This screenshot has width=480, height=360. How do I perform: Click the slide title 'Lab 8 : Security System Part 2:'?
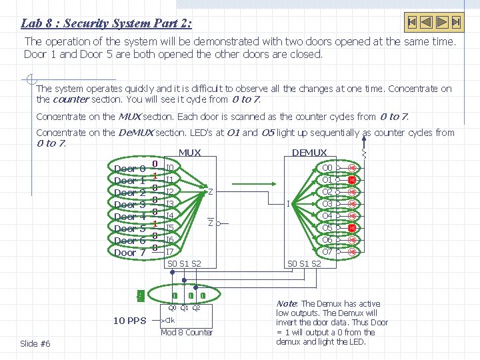pyautogui.click(x=107, y=23)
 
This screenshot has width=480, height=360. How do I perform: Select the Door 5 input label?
pyautogui.click(x=129, y=229)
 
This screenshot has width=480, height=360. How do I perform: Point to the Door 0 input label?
pyautogui.click(x=129, y=169)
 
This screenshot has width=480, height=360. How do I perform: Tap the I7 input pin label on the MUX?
pyautogui.click(x=170, y=252)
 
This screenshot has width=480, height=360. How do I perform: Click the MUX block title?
pyautogui.click(x=190, y=153)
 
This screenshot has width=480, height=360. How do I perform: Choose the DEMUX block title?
pyautogui.click(x=309, y=153)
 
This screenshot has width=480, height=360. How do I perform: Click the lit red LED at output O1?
pyautogui.click(x=353, y=180)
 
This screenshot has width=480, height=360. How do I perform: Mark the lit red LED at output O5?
pyautogui.click(x=353, y=228)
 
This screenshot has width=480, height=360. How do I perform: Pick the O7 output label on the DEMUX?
pyautogui.click(x=327, y=252)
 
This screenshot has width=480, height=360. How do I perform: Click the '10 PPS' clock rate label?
pyautogui.click(x=129, y=321)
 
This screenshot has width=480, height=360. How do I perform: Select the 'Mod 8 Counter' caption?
pyautogui.click(x=187, y=332)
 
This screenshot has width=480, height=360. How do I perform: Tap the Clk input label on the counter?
pyautogui.click(x=170, y=320)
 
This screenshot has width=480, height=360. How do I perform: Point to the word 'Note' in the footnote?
pyautogui.click(x=287, y=304)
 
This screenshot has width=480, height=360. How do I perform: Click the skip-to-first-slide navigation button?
pyautogui.click(x=413, y=22)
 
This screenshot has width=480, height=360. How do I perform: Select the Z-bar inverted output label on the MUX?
pyautogui.click(x=210, y=223)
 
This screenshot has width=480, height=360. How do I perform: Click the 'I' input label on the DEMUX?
pyautogui.click(x=287, y=204)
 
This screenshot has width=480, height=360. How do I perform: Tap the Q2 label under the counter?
pyautogui.click(x=196, y=307)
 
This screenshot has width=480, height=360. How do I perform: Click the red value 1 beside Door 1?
pyautogui.click(x=154, y=176)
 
